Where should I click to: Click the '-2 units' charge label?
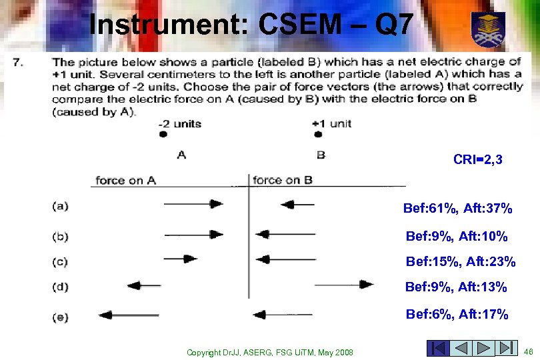[x=179, y=123]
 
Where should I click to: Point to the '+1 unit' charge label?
[x=331, y=123]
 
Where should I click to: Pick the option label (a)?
[x=60, y=206]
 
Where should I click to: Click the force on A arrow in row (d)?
[x=143, y=285]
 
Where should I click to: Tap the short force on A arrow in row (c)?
[x=181, y=259]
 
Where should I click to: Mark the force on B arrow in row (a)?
[x=297, y=205]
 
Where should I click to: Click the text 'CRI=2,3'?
[x=482, y=159]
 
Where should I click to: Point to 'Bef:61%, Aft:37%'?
[x=457, y=209]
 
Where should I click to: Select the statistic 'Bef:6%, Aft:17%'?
[x=457, y=314]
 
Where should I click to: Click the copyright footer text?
[x=270, y=351]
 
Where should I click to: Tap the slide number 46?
[x=528, y=351]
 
